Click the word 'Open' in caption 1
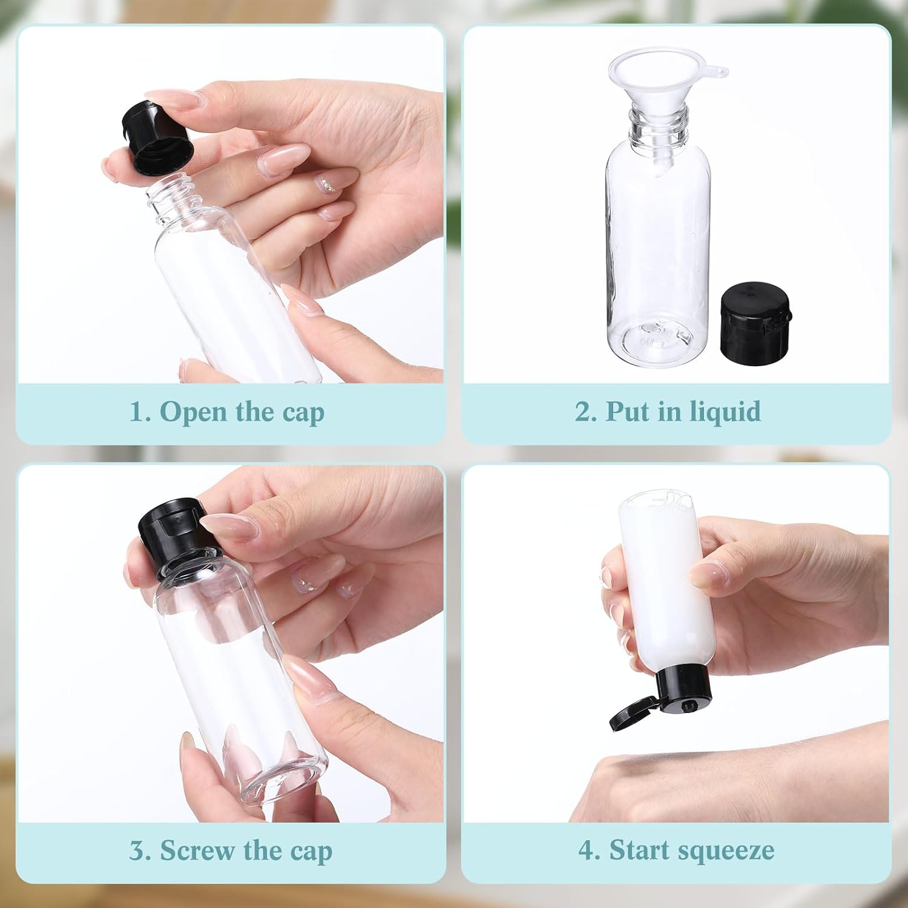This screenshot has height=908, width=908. click(x=194, y=412)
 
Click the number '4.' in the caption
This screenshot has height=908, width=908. click(x=590, y=850)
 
